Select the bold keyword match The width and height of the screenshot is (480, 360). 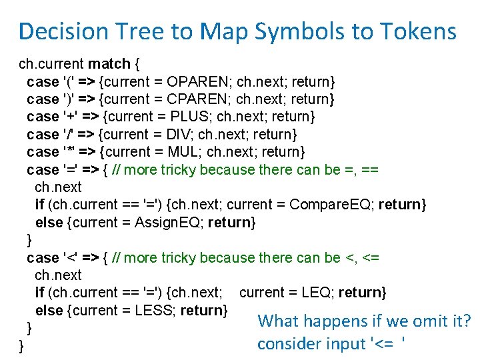[x=109, y=65]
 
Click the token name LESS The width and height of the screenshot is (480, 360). [x=156, y=310]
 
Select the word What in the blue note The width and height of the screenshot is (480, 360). [x=279, y=321]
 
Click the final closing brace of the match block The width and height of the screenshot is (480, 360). [x=22, y=345]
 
